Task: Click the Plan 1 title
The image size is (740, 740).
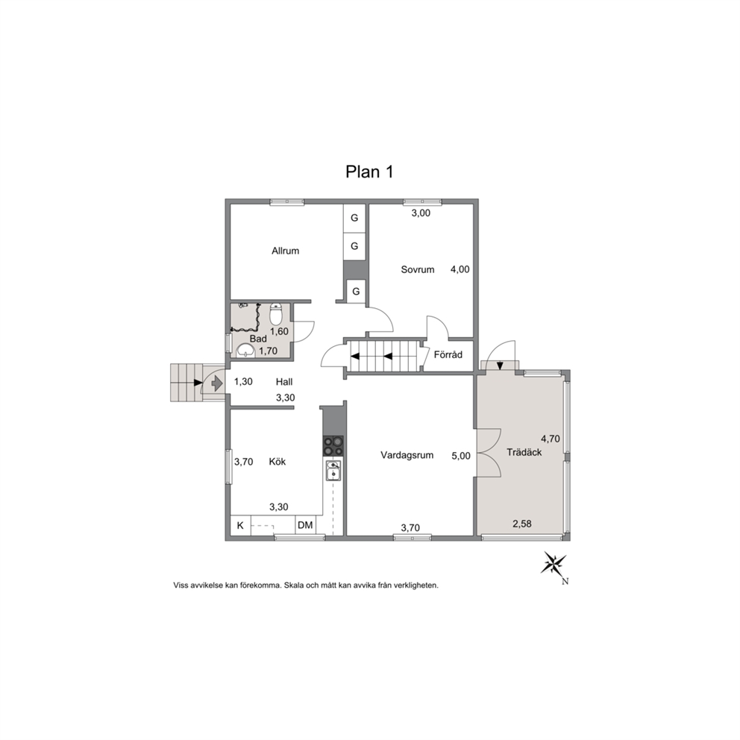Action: point(369,172)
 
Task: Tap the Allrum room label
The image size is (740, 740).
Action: point(285,251)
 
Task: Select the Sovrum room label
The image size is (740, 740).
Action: point(417,269)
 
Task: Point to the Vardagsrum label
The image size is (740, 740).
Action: point(407,456)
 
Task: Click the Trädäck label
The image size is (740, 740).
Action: point(524,452)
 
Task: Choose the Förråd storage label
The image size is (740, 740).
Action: point(448,354)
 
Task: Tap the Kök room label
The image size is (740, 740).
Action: point(277,462)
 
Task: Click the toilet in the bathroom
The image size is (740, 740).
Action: point(275,314)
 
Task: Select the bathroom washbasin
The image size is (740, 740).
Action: point(245,350)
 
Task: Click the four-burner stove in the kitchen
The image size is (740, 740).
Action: point(333,446)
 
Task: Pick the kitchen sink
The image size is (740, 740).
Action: point(333,471)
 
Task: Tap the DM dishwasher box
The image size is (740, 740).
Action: point(305,525)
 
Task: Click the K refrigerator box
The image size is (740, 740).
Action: point(240,525)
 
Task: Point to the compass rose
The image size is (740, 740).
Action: point(554,563)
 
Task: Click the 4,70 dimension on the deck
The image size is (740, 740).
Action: point(551,439)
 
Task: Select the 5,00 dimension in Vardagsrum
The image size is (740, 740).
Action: point(460,456)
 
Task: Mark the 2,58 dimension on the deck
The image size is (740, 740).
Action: point(522,524)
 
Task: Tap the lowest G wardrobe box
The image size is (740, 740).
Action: point(356,291)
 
